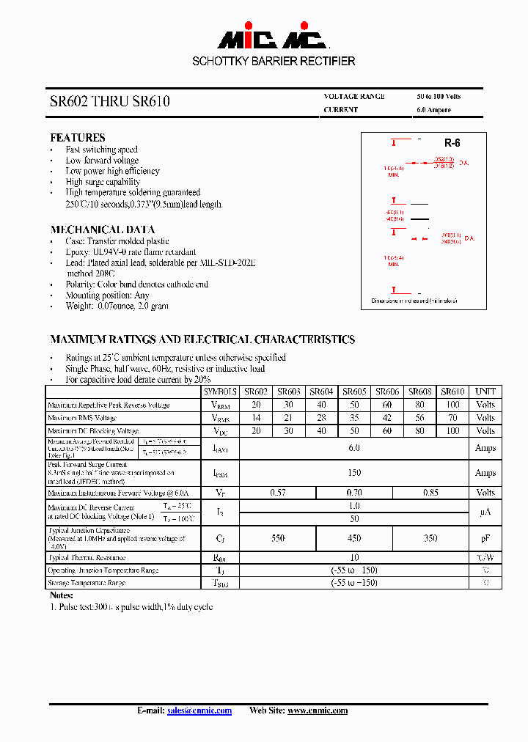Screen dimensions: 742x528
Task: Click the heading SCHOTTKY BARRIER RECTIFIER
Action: click(274, 62)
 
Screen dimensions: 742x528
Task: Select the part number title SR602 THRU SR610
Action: click(110, 102)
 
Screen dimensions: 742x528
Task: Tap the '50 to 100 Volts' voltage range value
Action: click(439, 97)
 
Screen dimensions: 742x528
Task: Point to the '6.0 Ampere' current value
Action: click(433, 110)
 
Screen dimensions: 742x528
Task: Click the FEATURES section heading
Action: click(78, 138)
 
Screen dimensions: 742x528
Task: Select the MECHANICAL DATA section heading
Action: click(102, 229)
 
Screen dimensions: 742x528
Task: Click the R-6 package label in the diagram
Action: click(452, 144)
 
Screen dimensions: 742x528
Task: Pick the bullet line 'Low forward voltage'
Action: click(102, 161)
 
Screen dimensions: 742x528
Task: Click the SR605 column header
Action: click(354, 392)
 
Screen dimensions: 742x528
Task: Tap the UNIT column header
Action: click(485, 392)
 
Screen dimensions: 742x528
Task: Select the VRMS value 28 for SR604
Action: click(321, 418)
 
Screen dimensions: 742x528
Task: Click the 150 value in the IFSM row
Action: click(354, 473)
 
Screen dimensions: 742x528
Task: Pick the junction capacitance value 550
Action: click(277, 538)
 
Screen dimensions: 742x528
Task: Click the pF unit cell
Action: click(485, 538)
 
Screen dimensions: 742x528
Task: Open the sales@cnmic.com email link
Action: click(199, 710)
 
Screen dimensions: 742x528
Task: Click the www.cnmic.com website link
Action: click(317, 710)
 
